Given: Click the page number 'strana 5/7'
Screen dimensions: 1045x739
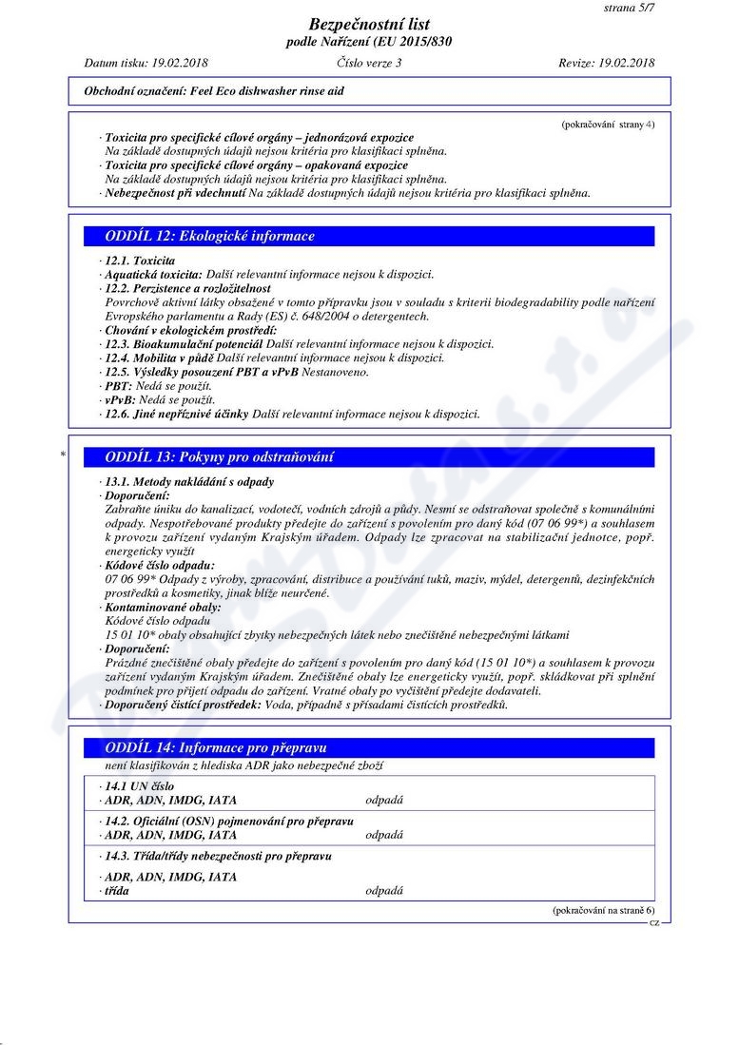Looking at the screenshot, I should [x=629, y=8].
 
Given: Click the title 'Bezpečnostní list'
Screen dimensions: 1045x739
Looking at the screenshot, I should [x=369, y=25].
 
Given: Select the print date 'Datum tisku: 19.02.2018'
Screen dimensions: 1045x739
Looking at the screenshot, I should [x=146, y=63].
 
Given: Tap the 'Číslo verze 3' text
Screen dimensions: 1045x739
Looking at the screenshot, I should [x=369, y=63].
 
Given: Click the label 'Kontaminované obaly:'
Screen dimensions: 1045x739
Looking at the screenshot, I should [x=163, y=607].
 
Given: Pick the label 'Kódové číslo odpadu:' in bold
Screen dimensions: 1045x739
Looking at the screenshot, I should [x=160, y=565].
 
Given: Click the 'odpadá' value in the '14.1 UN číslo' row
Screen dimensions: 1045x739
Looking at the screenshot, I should [x=384, y=800].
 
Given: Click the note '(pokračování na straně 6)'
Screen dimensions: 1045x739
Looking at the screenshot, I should [x=603, y=910].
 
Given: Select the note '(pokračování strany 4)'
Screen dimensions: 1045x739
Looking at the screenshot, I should [x=608, y=124].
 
